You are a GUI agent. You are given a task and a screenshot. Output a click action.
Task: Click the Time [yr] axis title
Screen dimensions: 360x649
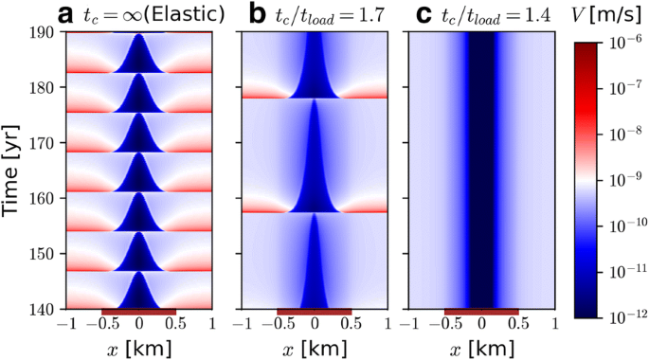click(13, 171)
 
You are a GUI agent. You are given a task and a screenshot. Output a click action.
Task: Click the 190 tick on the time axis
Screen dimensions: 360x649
click(44, 31)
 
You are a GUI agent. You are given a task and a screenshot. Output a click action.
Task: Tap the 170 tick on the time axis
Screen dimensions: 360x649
click(44, 143)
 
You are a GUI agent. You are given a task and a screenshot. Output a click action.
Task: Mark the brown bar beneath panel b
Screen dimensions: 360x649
click(315, 312)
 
